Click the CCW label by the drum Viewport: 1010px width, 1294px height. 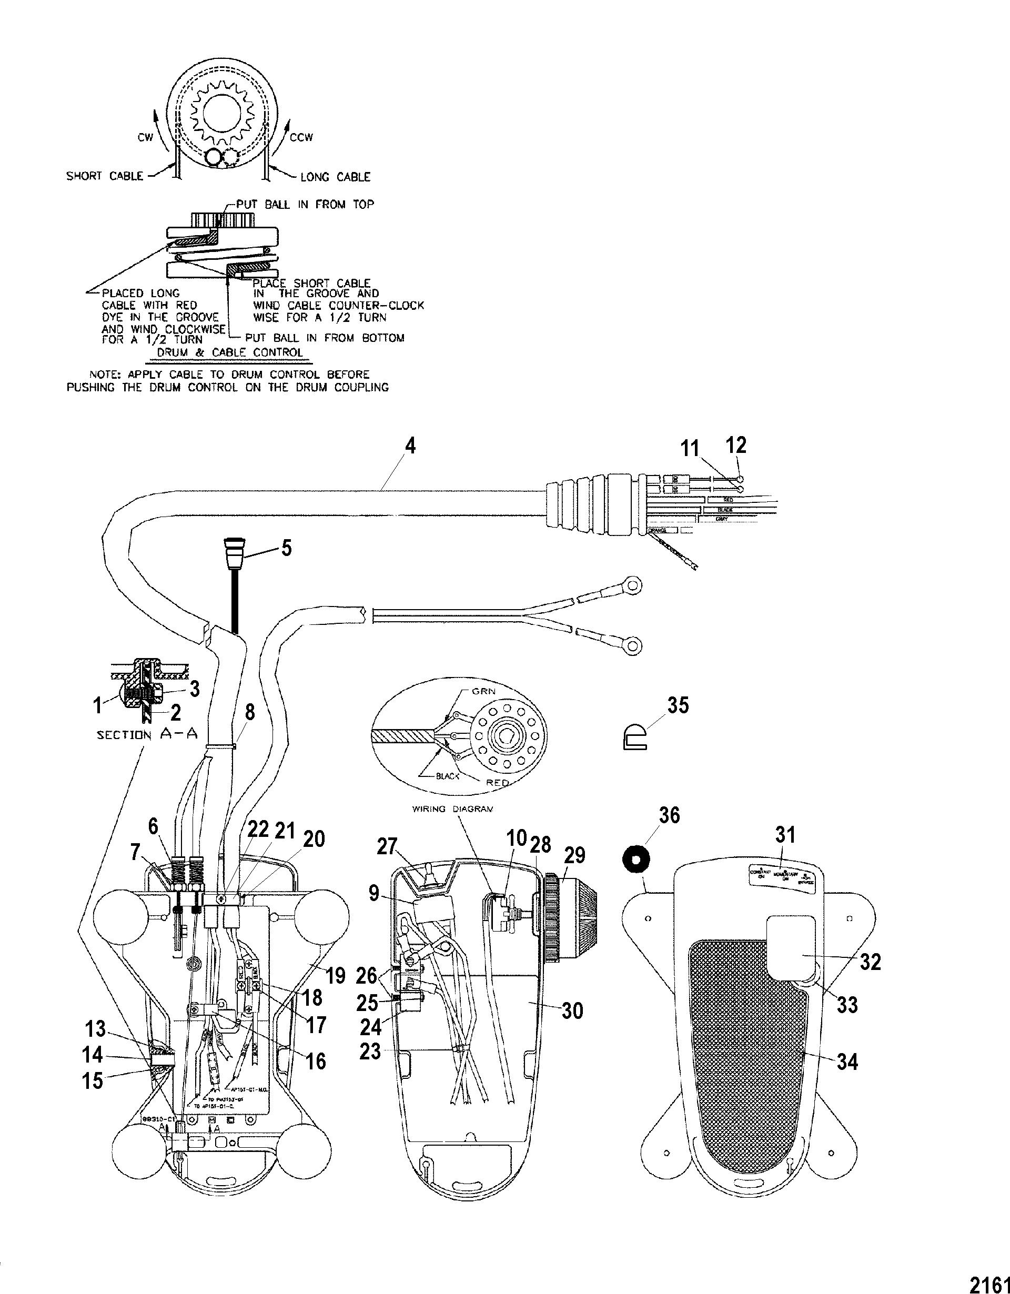(301, 137)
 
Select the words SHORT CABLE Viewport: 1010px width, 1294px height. (105, 176)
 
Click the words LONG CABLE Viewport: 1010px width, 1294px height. (335, 177)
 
